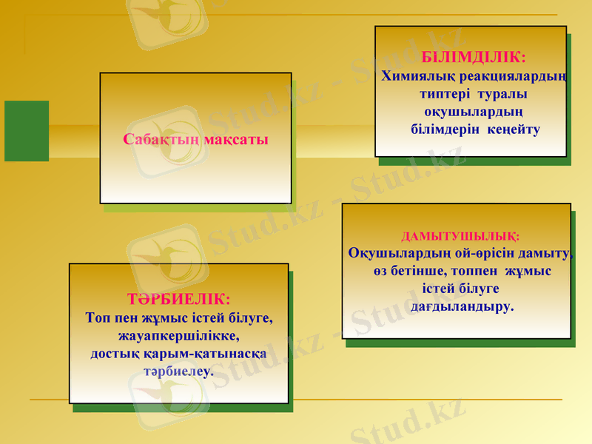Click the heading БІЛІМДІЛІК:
tap(474, 57)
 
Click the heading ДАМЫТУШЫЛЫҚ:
tap(460, 237)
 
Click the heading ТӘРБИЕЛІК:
tap(179, 300)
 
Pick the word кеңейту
tap(514, 129)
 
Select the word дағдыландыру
tap(461, 306)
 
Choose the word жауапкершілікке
tap(179, 335)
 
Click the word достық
tap(112, 353)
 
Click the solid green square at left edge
tap(27, 131)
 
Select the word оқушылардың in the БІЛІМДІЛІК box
tap(474, 112)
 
